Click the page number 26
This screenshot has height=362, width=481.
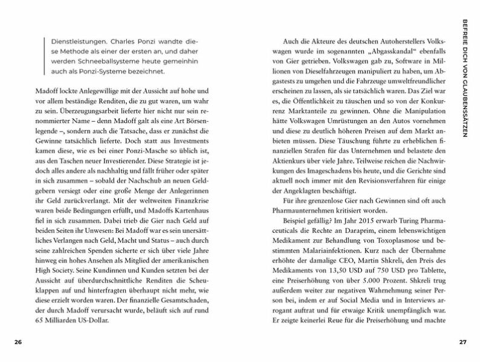18,342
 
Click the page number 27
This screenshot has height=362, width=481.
463,342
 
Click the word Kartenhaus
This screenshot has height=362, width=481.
202,212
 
